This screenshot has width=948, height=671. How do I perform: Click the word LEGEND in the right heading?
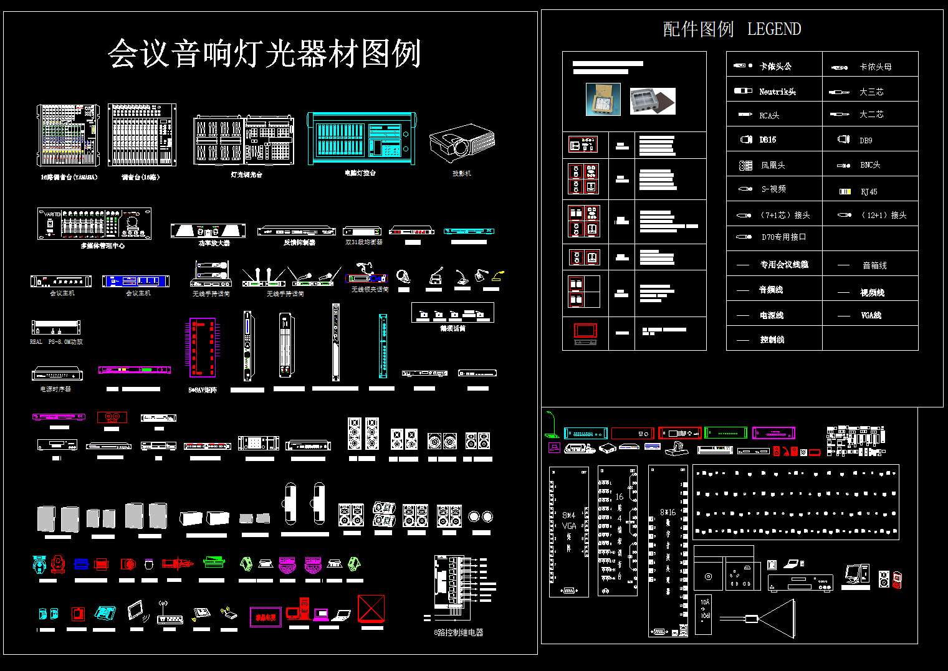[773, 29]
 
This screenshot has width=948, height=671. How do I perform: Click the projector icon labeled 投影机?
[462, 143]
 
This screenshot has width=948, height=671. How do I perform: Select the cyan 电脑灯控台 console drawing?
[361, 138]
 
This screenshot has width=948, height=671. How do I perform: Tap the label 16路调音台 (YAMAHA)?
[69, 177]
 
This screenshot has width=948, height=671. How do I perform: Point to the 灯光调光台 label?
[247, 175]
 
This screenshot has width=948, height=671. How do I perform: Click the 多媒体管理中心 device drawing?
[94, 224]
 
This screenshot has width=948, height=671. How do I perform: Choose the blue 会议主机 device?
[136, 281]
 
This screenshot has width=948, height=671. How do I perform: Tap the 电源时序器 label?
[55, 389]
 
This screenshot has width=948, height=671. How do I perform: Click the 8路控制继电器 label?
[459, 632]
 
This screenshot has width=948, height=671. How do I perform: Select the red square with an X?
[371, 608]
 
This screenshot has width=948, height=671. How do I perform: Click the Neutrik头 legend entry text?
[777, 92]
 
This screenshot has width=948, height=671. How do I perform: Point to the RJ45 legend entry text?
[869, 192]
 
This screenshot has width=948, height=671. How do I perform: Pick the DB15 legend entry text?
[768, 140]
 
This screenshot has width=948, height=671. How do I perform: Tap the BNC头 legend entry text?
[870, 165]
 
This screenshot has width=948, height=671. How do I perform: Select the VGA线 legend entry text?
[871, 315]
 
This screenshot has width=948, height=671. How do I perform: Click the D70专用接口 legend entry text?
[783, 237]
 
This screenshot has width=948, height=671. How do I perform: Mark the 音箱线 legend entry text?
[874, 265]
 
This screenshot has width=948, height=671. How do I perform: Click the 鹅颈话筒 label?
[452, 328]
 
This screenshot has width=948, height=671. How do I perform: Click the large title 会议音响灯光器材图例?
[264, 54]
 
